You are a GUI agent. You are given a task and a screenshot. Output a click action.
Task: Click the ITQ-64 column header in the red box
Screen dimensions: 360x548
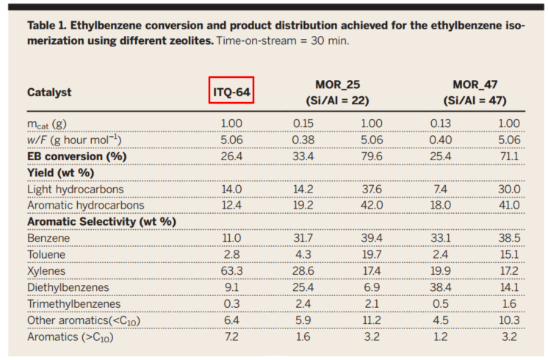point(231,92)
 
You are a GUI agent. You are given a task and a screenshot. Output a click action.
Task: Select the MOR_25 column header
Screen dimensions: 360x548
point(337,84)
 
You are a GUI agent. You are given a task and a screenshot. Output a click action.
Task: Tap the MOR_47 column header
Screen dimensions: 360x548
point(475,84)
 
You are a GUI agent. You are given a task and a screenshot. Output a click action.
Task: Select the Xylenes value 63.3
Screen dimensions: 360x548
point(232,271)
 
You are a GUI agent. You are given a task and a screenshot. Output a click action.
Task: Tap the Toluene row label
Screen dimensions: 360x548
point(46,254)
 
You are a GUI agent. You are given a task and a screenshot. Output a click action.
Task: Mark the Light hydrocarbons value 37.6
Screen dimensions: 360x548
point(371,188)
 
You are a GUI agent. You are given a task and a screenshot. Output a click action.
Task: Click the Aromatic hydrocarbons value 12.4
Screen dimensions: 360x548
point(232,205)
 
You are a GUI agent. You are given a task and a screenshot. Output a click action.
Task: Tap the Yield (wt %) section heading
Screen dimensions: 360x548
point(61,172)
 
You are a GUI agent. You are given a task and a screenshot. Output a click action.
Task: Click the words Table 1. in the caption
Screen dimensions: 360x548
point(46,25)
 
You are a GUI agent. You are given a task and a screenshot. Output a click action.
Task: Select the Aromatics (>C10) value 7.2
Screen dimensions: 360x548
point(232,336)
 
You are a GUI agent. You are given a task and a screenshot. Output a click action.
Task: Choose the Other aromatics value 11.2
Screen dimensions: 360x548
point(371,320)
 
